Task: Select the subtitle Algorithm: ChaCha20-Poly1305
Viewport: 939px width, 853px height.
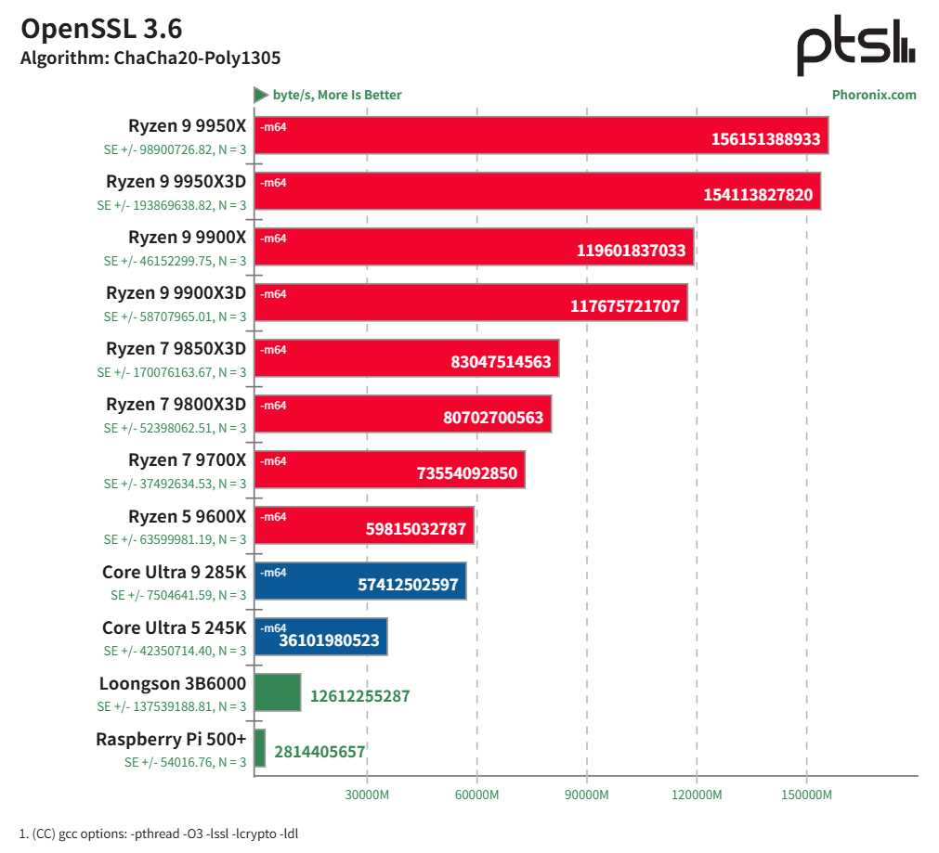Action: pos(150,58)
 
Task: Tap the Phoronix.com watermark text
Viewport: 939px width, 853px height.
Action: pos(873,95)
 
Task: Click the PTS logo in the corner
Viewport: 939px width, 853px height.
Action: pos(855,46)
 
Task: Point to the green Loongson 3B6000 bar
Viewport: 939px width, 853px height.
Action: pos(278,692)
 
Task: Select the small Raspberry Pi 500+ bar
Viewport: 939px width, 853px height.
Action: pos(260,748)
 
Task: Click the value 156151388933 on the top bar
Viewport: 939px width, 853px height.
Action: pos(765,139)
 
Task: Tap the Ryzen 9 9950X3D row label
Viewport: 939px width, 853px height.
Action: pos(176,182)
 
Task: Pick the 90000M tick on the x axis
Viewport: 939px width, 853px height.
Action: pos(586,795)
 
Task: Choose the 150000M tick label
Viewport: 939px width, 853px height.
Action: pos(806,795)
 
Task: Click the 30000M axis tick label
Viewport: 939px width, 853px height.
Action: pos(367,795)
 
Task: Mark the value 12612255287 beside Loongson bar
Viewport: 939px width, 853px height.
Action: pos(359,696)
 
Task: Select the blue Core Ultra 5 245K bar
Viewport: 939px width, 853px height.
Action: pos(320,637)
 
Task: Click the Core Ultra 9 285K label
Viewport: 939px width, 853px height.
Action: pos(174,572)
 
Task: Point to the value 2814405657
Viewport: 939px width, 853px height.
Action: pos(320,752)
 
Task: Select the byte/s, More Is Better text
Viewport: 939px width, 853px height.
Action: pos(336,95)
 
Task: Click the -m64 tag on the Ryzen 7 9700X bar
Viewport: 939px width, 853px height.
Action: pos(273,461)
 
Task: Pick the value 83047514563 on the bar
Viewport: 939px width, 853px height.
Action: pos(501,362)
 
